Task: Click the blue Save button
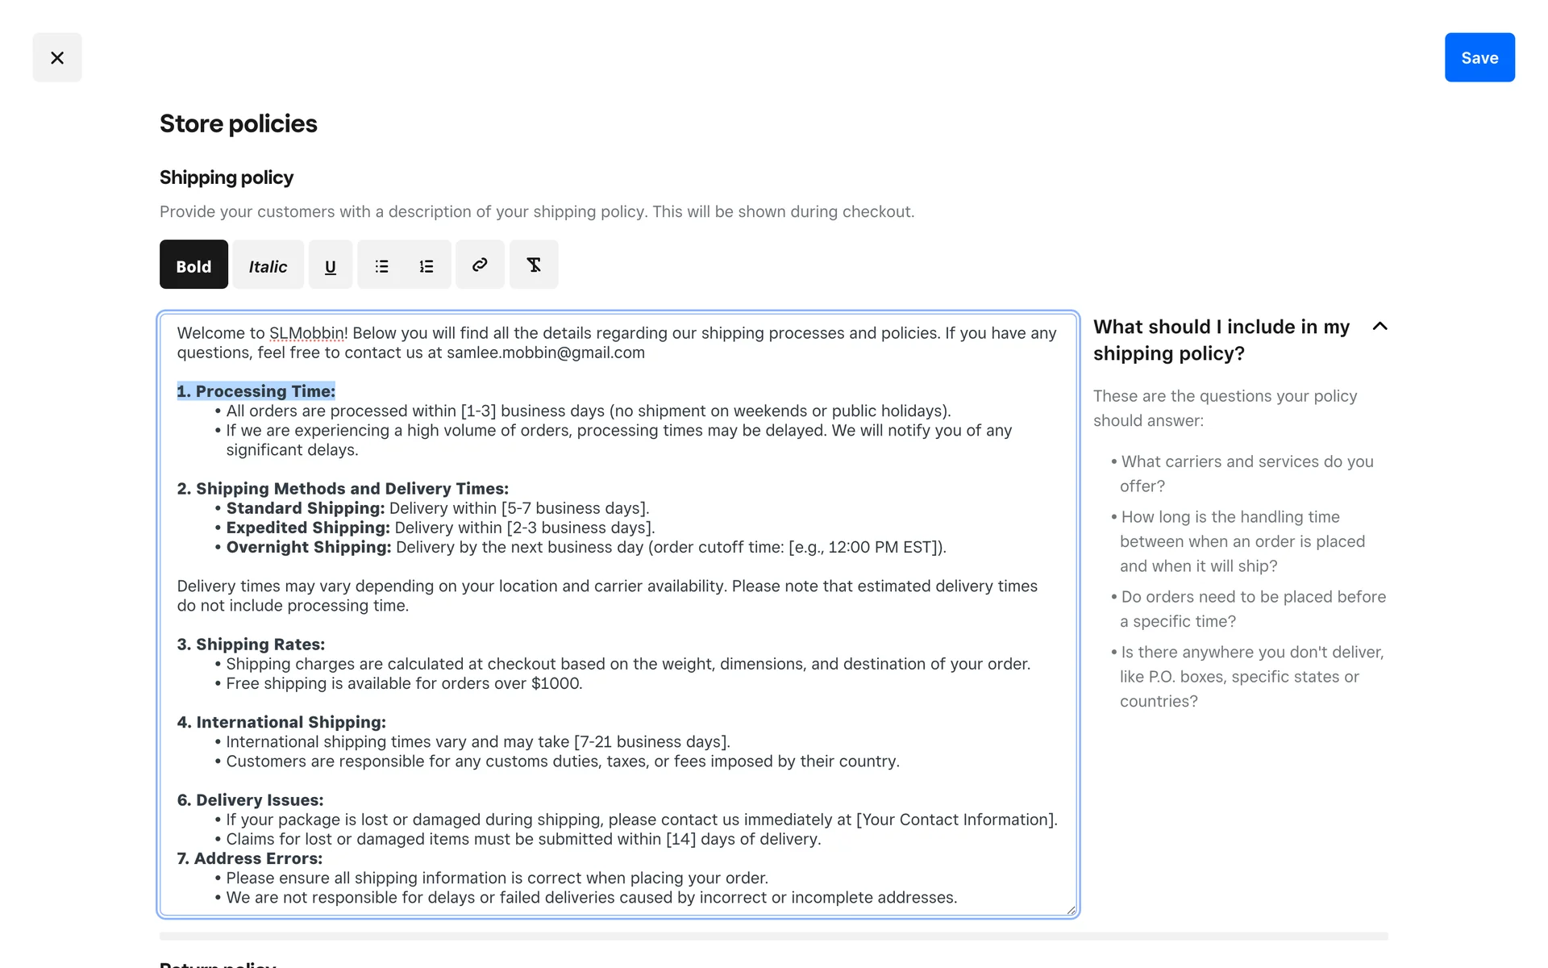(1479, 57)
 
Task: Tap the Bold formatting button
(193, 265)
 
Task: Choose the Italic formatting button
(268, 265)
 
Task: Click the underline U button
(331, 265)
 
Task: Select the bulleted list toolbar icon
(381, 265)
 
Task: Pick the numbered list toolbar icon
(427, 265)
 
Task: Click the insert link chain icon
(480, 265)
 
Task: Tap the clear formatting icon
(534, 265)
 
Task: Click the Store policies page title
(238, 123)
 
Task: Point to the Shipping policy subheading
(226, 177)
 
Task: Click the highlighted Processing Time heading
(256, 391)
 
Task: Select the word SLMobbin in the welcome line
(306, 333)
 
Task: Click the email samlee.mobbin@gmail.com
(546, 353)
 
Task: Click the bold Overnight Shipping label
(309, 547)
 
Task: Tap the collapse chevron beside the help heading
(1379, 326)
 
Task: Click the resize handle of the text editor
(1071, 910)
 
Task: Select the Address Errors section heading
(250, 858)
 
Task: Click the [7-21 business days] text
(651, 741)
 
